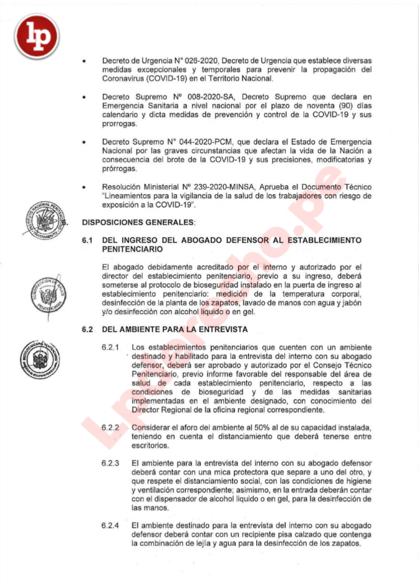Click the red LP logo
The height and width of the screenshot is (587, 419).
[37, 36]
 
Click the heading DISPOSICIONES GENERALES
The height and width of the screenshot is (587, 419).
[139, 222]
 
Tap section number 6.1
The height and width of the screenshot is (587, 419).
[87, 240]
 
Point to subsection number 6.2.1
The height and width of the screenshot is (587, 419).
[110, 347]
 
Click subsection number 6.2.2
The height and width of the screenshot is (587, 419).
[110, 428]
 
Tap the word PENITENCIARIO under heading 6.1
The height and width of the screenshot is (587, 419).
[135, 250]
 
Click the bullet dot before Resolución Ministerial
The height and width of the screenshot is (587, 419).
[84, 187]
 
